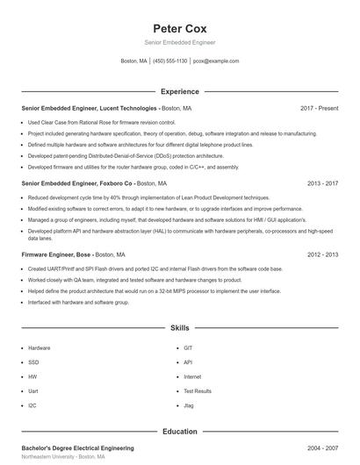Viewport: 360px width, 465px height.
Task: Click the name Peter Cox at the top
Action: pyautogui.click(x=179, y=28)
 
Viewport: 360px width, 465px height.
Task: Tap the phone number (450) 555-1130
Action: pyautogui.click(x=170, y=61)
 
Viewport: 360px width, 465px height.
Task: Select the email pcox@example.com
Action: pyautogui.click(x=216, y=61)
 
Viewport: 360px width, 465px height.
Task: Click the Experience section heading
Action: pyautogui.click(x=179, y=91)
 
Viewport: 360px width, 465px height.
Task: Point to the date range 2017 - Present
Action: pyautogui.click(x=319, y=108)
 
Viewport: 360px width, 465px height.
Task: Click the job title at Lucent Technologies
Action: pyautogui.click(x=101, y=108)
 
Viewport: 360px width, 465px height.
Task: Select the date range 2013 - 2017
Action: pyautogui.click(x=322, y=183)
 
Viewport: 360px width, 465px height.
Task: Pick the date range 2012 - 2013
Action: pyautogui.click(x=322, y=254)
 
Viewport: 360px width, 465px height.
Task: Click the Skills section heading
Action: pyautogui.click(x=179, y=327)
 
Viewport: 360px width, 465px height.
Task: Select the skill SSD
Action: pyautogui.click(x=33, y=361)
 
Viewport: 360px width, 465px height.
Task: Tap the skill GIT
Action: pyautogui.click(x=188, y=347)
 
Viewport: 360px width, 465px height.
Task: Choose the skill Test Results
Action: pyautogui.click(x=198, y=390)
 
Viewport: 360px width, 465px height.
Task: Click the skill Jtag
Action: pyautogui.click(x=189, y=405)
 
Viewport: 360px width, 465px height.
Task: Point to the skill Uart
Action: pyautogui.click(x=33, y=390)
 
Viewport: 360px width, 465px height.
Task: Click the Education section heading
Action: pyautogui.click(x=179, y=432)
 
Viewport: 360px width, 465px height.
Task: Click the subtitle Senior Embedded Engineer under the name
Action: pyautogui.click(x=179, y=42)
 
